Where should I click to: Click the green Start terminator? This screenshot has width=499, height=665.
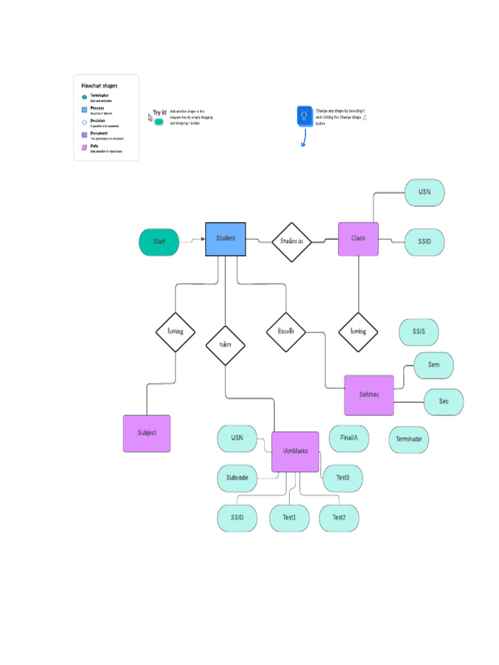pyautogui.click(x=159, y=242)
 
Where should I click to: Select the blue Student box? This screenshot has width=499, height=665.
pyautogui.click(x=225, y=239)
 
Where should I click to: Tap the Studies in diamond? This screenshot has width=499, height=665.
pyautogui.click(x=291, y=241)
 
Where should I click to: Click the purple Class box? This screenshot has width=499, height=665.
pyautogui.click(x=358, y=239)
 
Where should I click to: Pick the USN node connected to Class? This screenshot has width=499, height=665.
pyautogui.click(x=424, y=192)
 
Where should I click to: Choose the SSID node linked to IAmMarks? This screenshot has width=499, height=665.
pyautogui.click(x=237, y=518)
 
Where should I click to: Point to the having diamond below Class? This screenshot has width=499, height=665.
pyautogui.click(x=358, y=331)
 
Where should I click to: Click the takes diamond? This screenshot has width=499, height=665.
pyautogui.click(x=225, y=345)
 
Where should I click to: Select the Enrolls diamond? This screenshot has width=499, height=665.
pyautogui.click(x=286, y=331)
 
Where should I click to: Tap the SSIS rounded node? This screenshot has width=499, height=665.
pyautogui.click(x=418, y=332)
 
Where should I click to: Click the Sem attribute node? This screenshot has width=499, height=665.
pyautogui.click(x=433, y=365)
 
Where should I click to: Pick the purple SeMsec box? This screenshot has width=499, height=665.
pyautogui.click(x=369, y=395)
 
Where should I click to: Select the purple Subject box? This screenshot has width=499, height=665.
pyautogui.click(x=147, y=433)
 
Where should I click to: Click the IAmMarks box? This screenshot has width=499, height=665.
pyautogui.click(x=295, y=451)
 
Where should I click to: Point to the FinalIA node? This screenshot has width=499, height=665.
pyautogui.click(x=349, y=438)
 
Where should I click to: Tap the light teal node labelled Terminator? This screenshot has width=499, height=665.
pyautogui.click(x=409, y=440)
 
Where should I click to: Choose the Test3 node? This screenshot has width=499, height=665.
pyautogui.click(x=342, y=478)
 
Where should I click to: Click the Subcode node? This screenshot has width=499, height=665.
pyautogui.click(x=237, y=478)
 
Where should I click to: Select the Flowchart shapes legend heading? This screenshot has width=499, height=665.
pyautogui.click(x=99, y=86)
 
